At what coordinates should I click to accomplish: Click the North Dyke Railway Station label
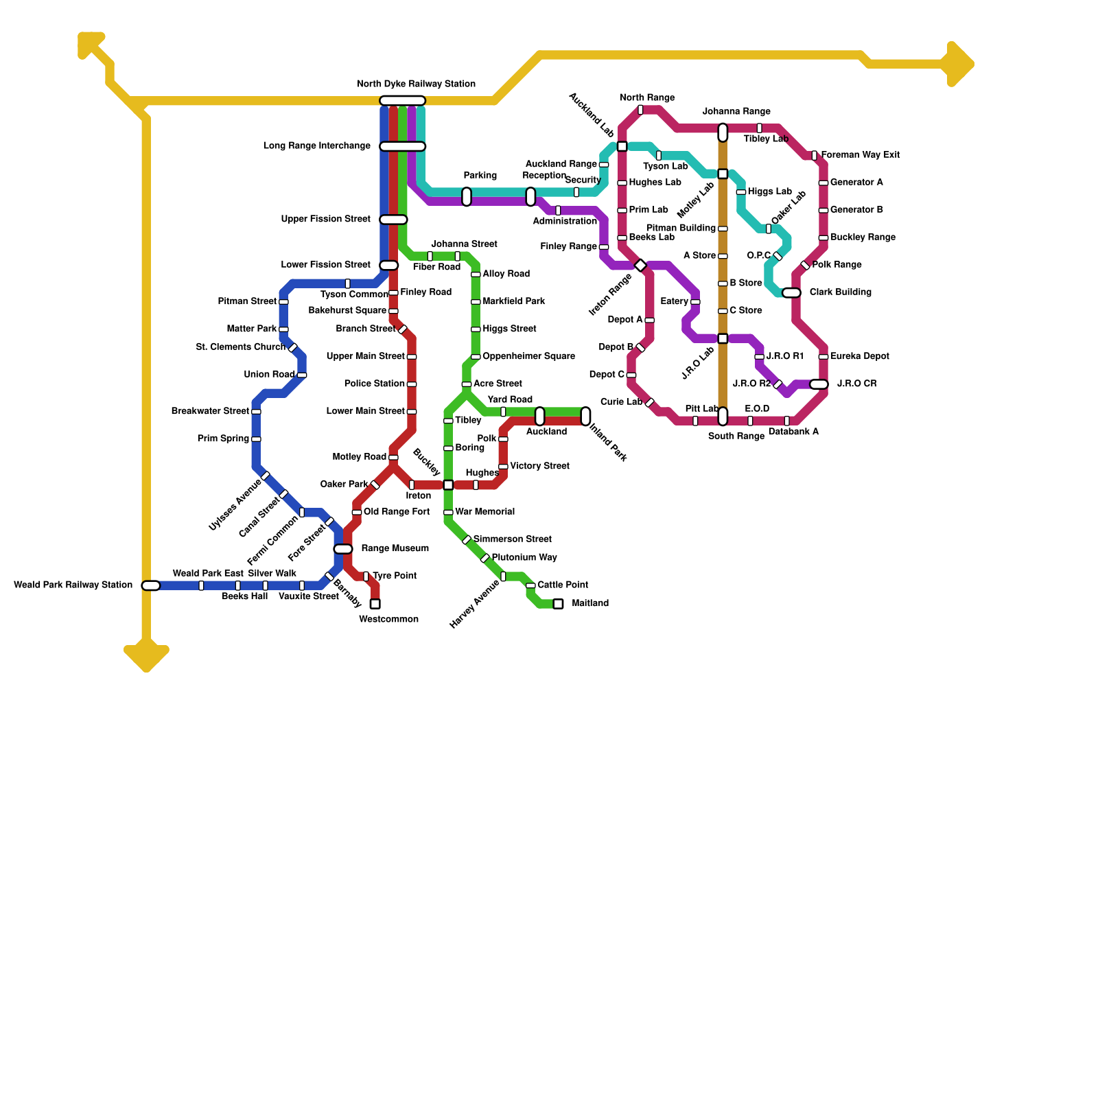tap(416, 84)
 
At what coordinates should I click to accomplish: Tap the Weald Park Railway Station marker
tap(151, 585)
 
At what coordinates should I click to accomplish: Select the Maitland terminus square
tap(558, 604)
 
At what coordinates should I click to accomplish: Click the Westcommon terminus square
tap(375, 604)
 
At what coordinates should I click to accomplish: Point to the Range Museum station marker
tap(343, 549)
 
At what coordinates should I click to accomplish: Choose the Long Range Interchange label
tap(317, 146)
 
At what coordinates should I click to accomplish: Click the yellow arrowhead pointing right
tap(959, 65)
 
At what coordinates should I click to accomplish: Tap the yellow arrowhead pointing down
tap(146, 657)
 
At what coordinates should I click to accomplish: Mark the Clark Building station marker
tap(791, 293)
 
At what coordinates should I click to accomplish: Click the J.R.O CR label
tap(856, 384)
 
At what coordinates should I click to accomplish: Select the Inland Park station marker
tap(585, 416)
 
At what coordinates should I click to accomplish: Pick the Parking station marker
tap(467, 197)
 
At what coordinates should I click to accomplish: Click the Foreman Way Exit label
tap(861, 155)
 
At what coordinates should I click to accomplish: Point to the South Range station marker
tap(723, 417)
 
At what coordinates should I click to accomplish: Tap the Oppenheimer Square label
tap(528, 357)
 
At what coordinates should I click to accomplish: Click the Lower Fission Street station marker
tap(388, 266)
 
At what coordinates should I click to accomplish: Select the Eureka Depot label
tap(859, 357)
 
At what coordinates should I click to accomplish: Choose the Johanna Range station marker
tap(723, 132)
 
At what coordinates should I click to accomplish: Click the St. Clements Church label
tap(240, 347)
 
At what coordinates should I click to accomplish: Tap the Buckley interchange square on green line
tap(448, 485)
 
